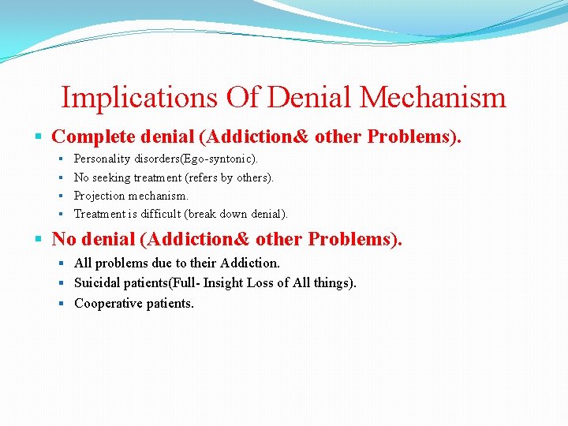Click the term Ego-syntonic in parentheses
(219, 159)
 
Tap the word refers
(201, 177)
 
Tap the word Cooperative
(106, 303)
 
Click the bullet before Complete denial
(40, 137)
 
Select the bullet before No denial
(40, 239)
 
